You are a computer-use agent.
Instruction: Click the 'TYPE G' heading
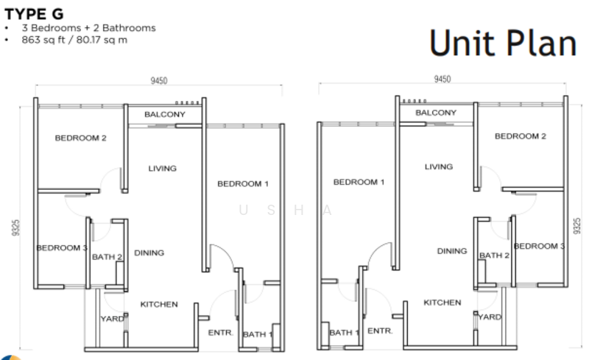pyautogui.click(x=34, y=14)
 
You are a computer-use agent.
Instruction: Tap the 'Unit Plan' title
pyautogui.click(x=503, y=43)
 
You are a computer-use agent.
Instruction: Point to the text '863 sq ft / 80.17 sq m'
pyautogui.click(x=74, y=40)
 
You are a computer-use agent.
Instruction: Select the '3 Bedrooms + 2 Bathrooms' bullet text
pyautogui.click(x=88, y=28)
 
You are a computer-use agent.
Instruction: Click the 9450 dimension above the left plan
pyautogui.click(x=159, y=80)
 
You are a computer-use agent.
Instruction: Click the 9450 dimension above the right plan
pyautogui.click(x=442, y=79)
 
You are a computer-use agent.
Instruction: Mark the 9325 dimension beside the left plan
pyautogui.click(x=15, y=227)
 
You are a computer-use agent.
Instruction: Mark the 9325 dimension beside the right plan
pyautogui.click(x=576, y=226)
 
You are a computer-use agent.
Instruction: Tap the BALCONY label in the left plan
pyautogui.click(x=165, y=114)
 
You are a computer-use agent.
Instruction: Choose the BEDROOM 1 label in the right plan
pyautogui.click(x=359, y=182)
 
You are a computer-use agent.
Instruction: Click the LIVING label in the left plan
pyautogui.click(x=162, y=169)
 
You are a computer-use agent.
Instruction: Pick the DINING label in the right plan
pyautogui.click(x=452, y=251)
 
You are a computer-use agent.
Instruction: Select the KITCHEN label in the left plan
pyautogui.click(x=159, y=304)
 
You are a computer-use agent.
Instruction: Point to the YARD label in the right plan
pyautogui.click(x=490, y=317)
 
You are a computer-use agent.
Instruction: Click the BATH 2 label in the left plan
pyautogui.click(x=107, y=257)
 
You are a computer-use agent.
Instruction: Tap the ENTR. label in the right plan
pyautogui.click(x=380, y=331)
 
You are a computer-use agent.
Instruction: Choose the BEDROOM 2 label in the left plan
pyautogui.click(x=80, y=138)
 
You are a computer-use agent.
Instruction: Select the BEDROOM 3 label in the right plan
pyautogui.click(x=539, y=246)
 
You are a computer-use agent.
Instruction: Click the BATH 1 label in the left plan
pyautogui.click(x=258, y=334)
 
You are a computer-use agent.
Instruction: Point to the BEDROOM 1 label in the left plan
pyautogui.click(x=243, y=184)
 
